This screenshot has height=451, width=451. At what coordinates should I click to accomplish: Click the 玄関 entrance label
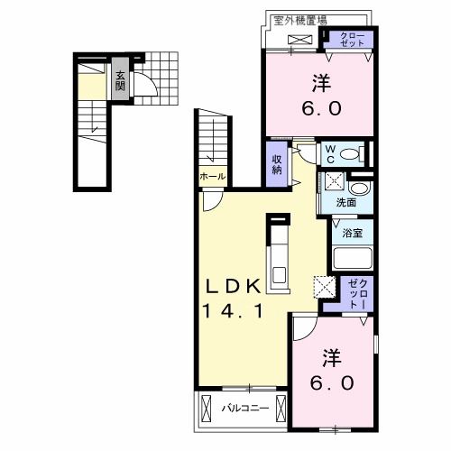tap(119, 81)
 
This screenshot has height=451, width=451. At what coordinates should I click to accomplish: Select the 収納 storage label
tap(278, 163)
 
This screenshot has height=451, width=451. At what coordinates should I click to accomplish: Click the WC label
tap(330, 151)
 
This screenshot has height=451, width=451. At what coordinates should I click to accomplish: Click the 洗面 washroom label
tap(345, 202)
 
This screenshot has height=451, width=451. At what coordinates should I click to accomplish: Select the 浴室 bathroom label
tap(351, 232)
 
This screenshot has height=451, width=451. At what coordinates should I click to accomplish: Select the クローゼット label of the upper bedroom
tap(351, 40)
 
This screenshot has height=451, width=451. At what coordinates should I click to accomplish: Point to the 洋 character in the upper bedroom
tap(320, 84)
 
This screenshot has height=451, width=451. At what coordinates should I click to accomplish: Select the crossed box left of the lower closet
tap(323, 287)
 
